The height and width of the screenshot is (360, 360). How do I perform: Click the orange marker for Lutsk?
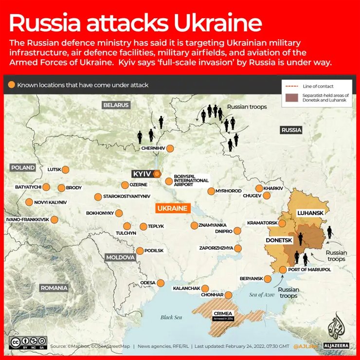[65, 170]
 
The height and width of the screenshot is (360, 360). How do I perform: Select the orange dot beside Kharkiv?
[259, 188]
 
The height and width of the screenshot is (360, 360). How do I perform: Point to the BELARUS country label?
[116, 105]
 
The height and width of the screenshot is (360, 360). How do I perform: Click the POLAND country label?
[23, 168]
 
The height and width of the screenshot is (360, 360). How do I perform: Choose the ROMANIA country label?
[54, 288]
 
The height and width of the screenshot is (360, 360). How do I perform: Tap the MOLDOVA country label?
[120, 257]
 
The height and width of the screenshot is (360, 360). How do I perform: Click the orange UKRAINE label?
[171, 209]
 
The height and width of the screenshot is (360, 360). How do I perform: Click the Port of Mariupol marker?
[283, 270]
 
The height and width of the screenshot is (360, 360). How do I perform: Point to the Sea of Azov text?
[262, 295]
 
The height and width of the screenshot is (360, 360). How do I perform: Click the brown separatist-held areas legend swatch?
[291, 97]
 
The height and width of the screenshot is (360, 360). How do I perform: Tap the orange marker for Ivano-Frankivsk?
[54, 219]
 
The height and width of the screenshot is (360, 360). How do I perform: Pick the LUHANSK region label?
[310, 213]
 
